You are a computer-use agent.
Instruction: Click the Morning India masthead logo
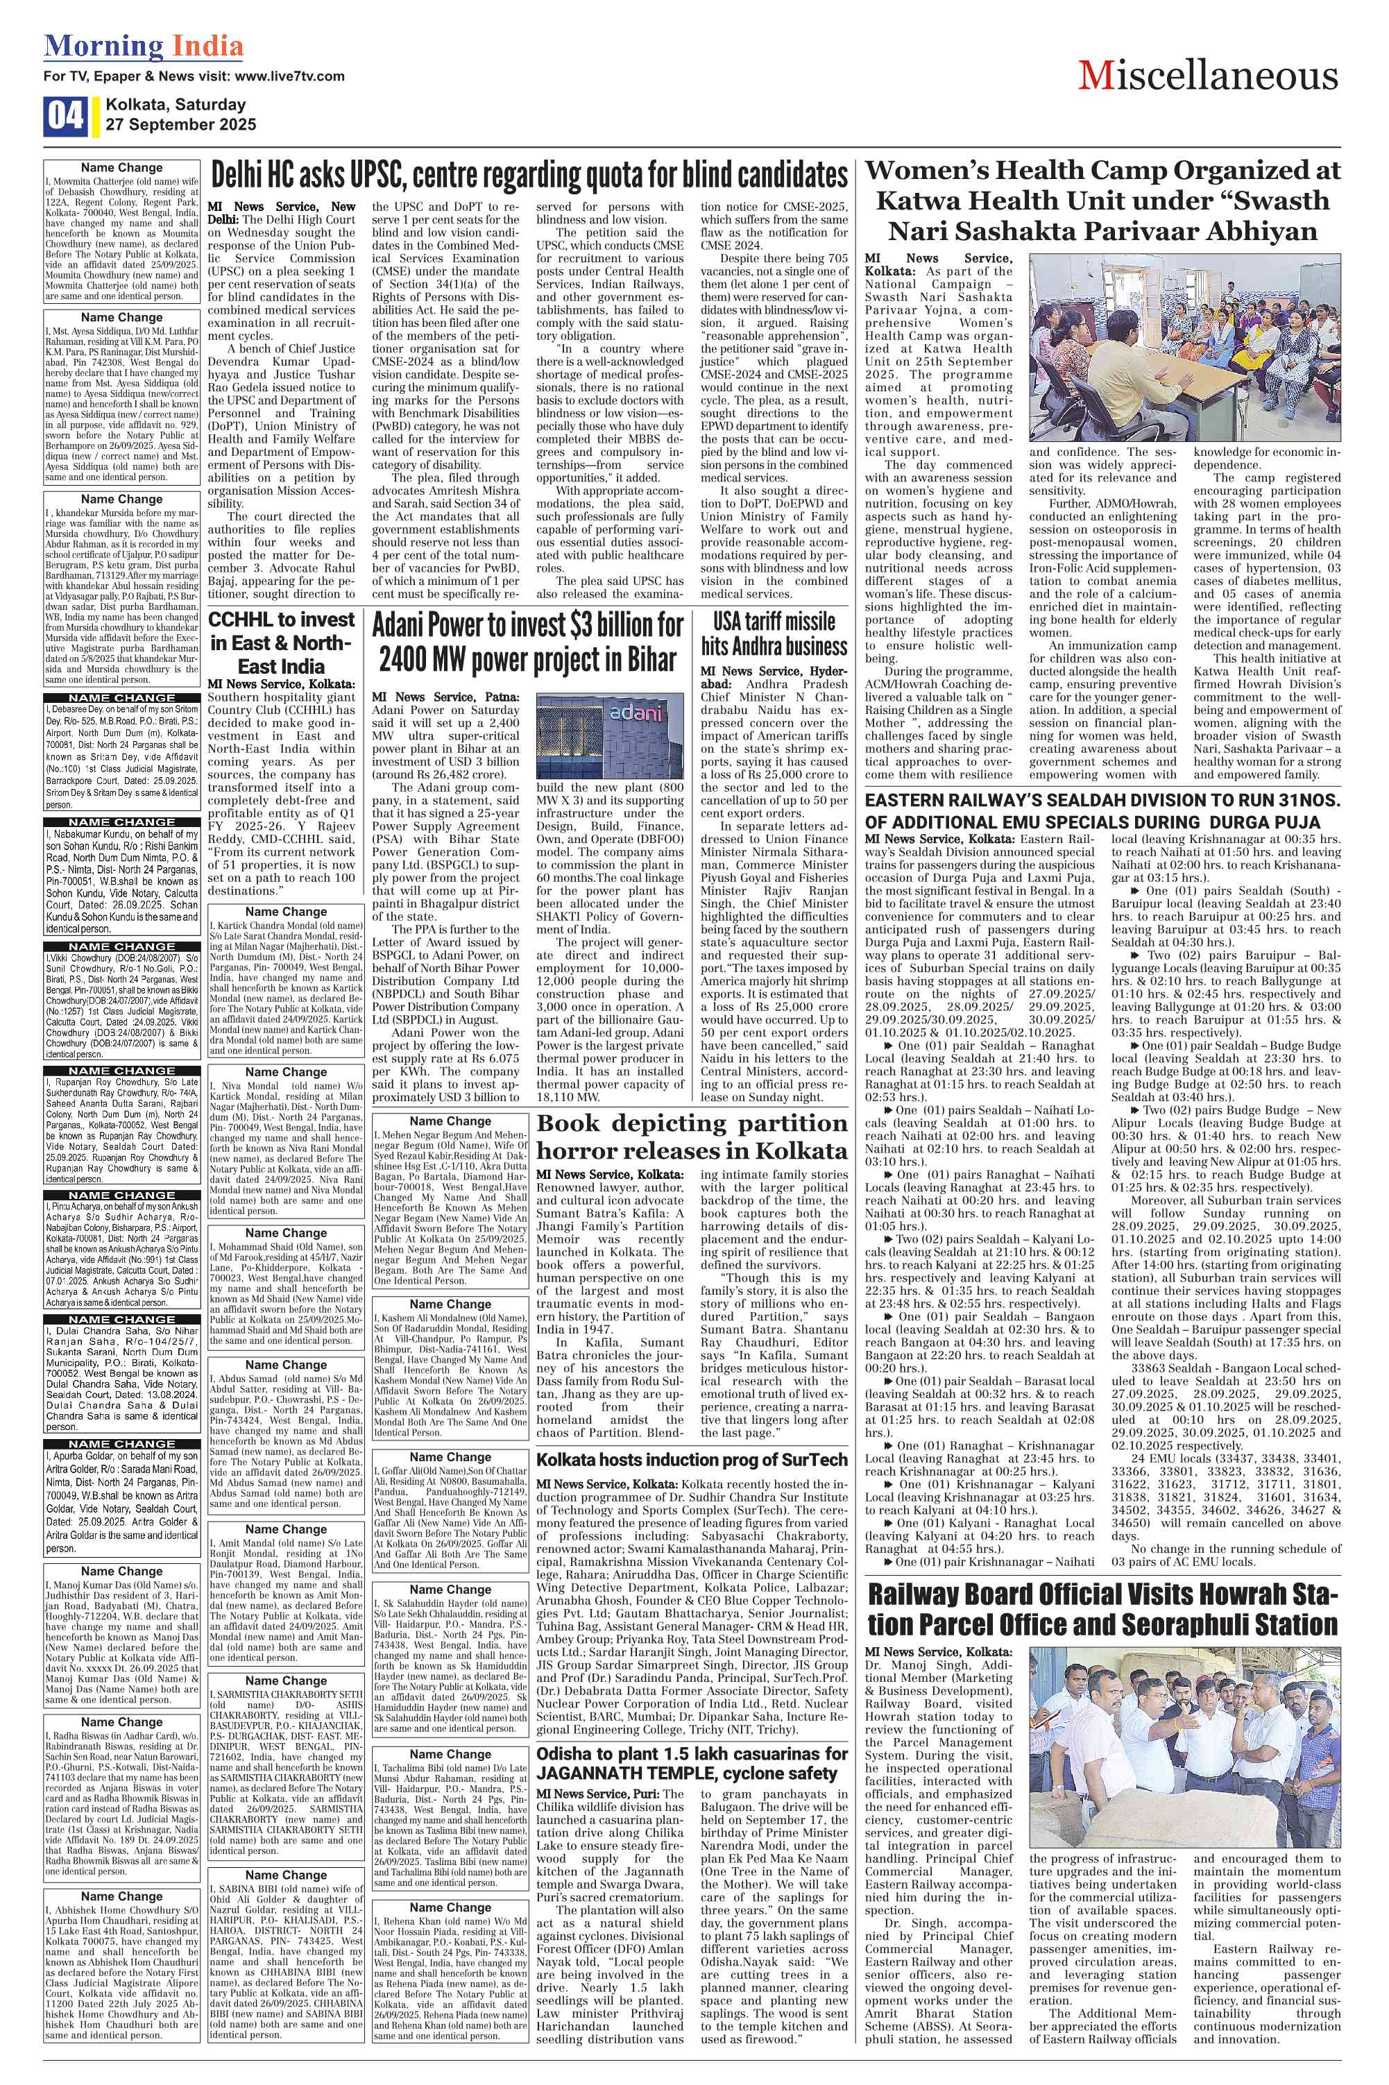(x=144, y=45)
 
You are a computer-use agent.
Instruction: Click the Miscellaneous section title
(x=1209, y=77)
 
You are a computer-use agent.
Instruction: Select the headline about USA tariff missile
(x=774, y=632)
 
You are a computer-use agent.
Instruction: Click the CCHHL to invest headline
(x=282, y=642)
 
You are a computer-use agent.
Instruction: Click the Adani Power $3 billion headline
(x=528, y=643)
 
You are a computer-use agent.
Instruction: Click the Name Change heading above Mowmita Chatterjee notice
(x=121, y=167)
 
